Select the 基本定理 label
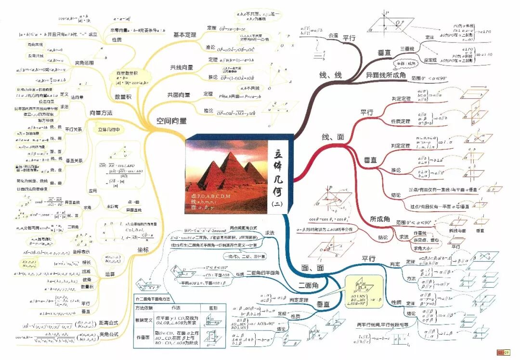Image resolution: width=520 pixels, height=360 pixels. (185, 35)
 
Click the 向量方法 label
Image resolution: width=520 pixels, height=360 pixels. (101, 113)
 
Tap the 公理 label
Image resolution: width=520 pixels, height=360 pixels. (333, 36)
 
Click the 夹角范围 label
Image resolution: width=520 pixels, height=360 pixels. (84, 63)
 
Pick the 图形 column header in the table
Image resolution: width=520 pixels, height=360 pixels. (212, 308)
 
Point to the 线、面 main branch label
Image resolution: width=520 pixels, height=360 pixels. (333, 137)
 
